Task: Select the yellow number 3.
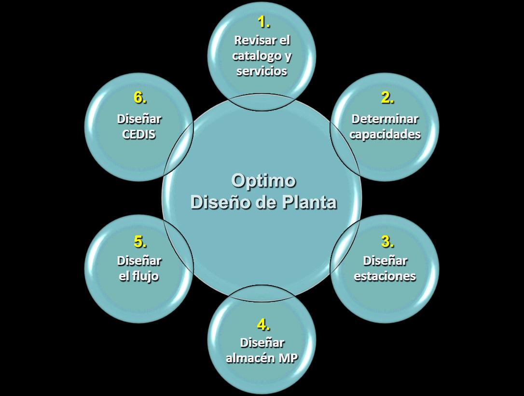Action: pyautogui.click(x=386, y=241)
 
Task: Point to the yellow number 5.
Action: pyautogui.click(x=139, y=241)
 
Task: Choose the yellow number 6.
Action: pyautogui.click(x=139, y=98)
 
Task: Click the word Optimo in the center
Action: pyautogui.click(x=263, y=180)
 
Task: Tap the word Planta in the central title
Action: pyautogui.click(x=309, y=202)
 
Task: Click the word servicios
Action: pyautogui.click(x=262, y=71)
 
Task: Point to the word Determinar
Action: pyautogui.click(x=385, y=119)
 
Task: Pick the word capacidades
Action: pyautogui.click(x=385, y=134)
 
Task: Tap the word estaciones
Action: pyautogui.click(x=385, y=276)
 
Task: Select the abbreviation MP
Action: pyautogui.click(x=289, y=358)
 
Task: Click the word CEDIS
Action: pyautogui.click(x=139, y=134)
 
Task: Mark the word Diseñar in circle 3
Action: pyautogui.click(x=385, y=261)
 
